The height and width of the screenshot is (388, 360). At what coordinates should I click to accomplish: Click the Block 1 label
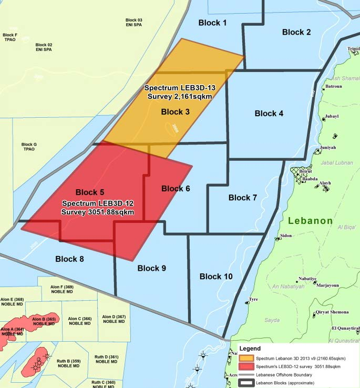pos(212,23)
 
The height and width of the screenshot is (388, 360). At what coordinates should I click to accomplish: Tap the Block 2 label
pos(296,32)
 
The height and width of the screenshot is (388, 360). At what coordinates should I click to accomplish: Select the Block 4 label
pos(269,114)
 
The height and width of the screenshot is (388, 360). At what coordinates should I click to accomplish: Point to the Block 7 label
pos(243,198)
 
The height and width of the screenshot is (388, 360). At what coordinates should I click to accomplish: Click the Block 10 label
pos(216,277)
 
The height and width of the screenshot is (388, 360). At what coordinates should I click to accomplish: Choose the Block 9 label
pos(152,268)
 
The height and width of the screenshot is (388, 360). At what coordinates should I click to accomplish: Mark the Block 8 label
pos(69,259)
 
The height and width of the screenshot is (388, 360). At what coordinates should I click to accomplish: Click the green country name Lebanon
pos(310,221)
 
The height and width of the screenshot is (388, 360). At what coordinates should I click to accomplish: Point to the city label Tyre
pos(253,300)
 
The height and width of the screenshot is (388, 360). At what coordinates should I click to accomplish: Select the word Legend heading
pos(250,348)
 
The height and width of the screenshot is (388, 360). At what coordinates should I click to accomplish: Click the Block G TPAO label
pos(29,147)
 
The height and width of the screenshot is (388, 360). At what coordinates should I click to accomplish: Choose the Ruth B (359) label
pos(68,363)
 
